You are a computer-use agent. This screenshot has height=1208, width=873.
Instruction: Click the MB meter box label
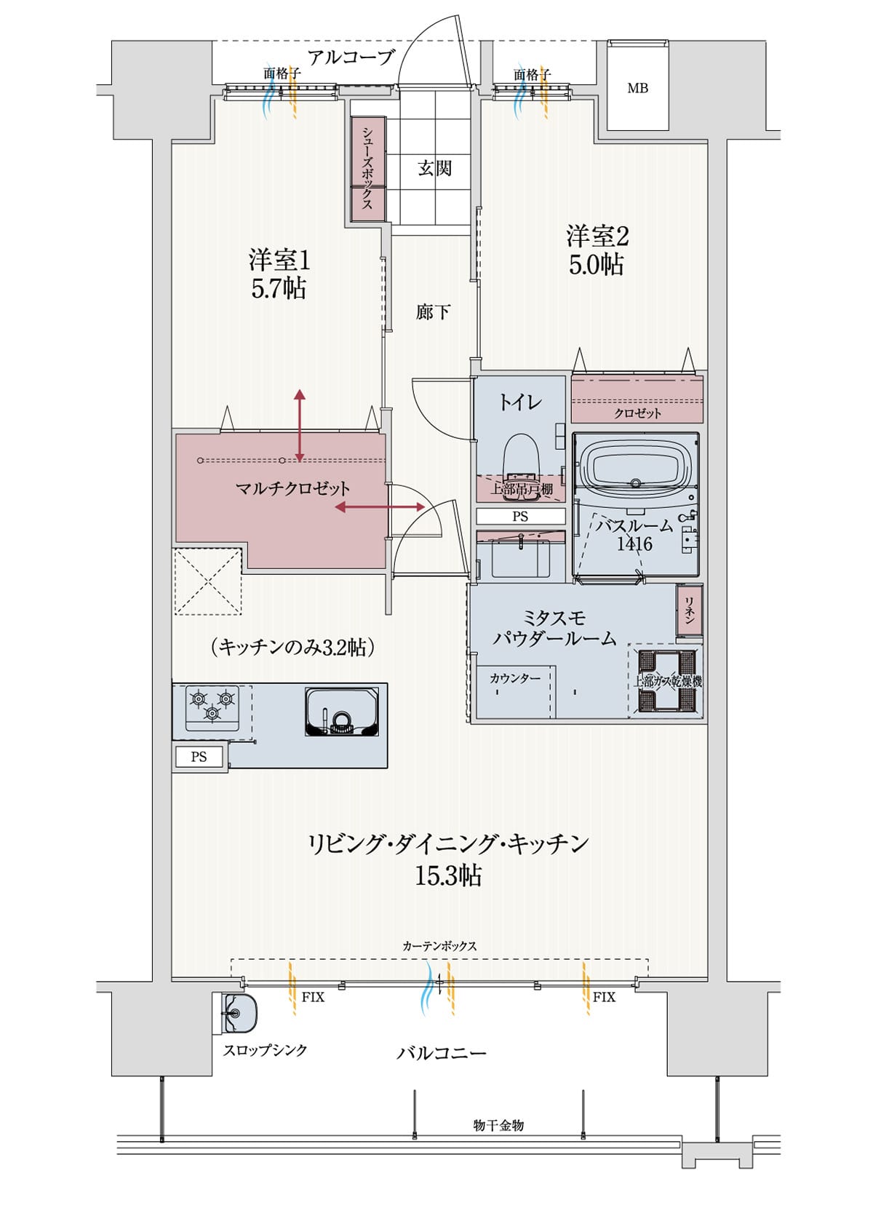637,89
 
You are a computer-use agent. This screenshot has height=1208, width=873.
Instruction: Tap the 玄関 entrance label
434,168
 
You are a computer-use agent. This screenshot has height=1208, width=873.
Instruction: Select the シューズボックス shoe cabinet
367,167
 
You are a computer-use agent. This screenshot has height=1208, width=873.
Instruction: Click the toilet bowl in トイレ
520,456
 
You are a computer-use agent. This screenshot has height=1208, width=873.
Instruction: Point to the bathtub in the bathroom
636,466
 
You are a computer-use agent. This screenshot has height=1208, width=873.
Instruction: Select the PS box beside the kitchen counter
199,757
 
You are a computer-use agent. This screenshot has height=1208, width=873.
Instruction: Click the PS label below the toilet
520,517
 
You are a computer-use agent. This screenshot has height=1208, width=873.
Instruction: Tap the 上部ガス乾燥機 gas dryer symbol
667,681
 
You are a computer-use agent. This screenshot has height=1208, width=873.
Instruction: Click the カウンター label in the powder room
514,678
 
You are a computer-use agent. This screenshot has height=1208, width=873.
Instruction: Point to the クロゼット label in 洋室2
637,413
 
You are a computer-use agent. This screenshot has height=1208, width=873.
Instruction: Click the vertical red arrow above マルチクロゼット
299,426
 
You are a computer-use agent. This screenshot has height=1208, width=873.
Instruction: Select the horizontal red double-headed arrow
380,507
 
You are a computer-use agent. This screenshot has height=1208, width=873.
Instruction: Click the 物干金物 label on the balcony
498,1125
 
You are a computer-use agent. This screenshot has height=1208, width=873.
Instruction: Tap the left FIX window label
313,997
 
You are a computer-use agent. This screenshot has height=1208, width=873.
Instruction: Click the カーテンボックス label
439,946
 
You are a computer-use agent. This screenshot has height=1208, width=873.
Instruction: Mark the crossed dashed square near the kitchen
208,582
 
